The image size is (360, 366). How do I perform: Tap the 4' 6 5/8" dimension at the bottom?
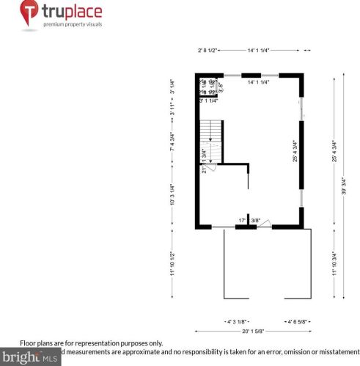coord(299,321)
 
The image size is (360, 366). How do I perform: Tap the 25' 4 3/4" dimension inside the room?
coord(295,151)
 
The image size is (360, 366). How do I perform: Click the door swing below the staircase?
coord(210,167)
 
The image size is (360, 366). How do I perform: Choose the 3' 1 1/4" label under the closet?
coord(210,100)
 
